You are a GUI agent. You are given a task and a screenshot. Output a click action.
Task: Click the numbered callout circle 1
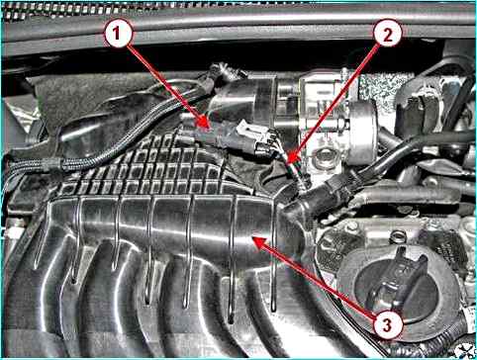point(118,34)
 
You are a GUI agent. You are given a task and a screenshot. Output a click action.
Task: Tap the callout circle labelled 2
point(388,34)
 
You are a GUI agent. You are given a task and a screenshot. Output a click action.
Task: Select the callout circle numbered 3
point(388,325)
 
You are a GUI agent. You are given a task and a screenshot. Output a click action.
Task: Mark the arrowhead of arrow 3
point(253,237)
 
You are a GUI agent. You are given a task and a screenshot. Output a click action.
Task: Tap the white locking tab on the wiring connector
point(243,127)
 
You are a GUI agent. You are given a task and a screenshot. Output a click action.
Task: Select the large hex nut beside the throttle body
point(324,157)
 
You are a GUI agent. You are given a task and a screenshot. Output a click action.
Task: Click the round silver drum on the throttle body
point(362,133)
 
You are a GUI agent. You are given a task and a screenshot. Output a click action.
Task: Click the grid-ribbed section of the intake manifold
point(148,168)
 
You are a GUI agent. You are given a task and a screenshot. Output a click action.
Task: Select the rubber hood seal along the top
point(238,23)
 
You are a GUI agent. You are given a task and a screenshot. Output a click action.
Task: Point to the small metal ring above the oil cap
point(398,236)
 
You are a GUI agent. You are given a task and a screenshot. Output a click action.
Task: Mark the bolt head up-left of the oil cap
point(352,227)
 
